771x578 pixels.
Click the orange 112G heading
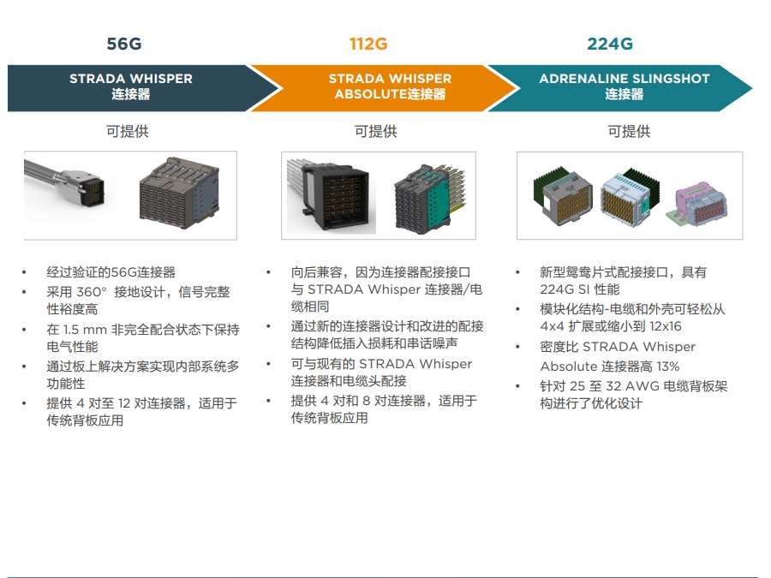pyautogui.click(x=374, y=45)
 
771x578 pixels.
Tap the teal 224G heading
pyautogui.click(x=610, y=45)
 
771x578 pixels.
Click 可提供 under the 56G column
pyautogui.click(x=128, y=132)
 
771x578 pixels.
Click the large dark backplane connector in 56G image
pyautogui.click(x=180, y=193)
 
